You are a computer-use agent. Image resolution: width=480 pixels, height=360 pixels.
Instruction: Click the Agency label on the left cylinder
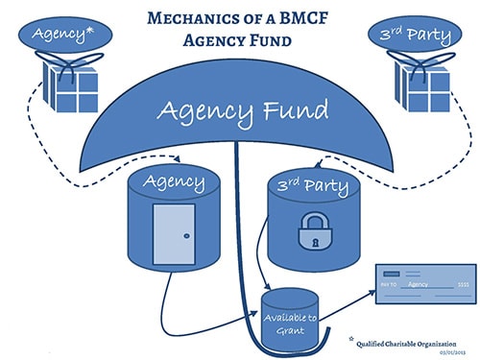coord(173,180)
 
